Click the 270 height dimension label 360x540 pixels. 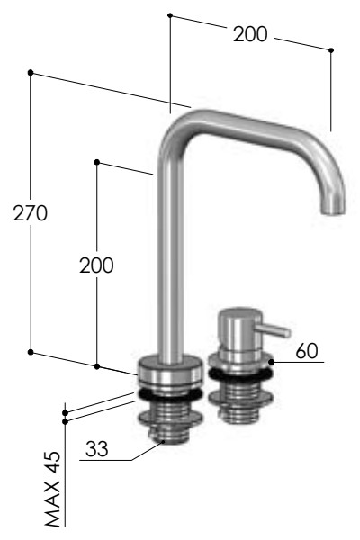[x=31, y=213]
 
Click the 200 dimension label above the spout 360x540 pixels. [x=250, y=34]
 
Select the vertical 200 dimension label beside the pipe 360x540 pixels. [x=96, y=265]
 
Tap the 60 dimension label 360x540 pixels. [x=307, y=351]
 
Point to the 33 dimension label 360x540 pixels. [x=97, y=449]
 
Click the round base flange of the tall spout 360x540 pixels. [x=169, y=373]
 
